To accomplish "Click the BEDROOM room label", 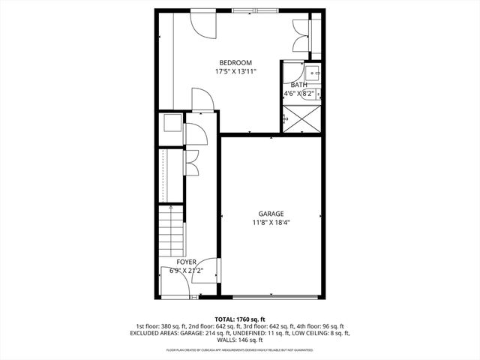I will [x=235, y=62].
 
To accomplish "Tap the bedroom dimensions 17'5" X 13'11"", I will [x=235, y=72].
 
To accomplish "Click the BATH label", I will [x=299, y=85].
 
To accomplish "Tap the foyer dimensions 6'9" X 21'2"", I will [x=186, y=271].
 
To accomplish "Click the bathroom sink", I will [x=313, y=72].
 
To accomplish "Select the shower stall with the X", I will [x=303, y=118].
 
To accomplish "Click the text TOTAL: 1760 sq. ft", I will [x=239, y=318].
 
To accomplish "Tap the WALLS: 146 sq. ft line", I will [x=239, y=340].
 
